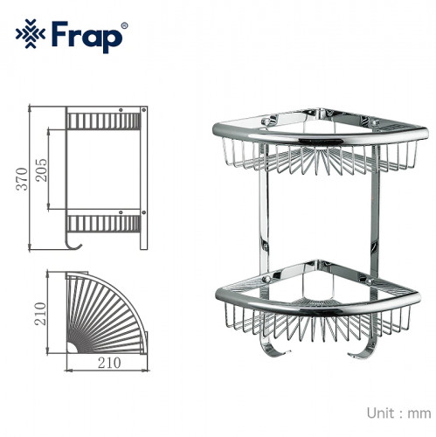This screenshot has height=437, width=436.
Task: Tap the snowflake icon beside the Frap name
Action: [x=31, y=35]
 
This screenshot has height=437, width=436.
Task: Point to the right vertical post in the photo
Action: [x=375, y=210]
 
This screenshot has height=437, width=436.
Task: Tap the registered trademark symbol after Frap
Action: [x=123, y=25]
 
